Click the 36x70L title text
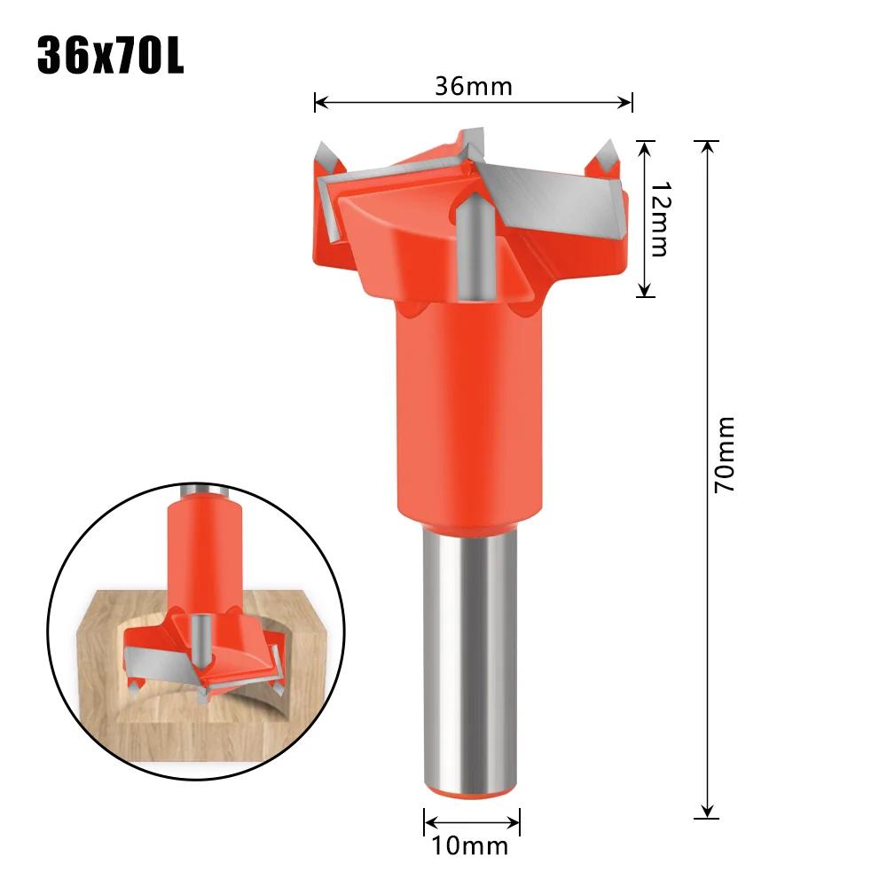[x=110, y=55]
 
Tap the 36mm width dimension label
[x=473, y=86]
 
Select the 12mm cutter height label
[x=658, y=219]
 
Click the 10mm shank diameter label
[x=472, y=844]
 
